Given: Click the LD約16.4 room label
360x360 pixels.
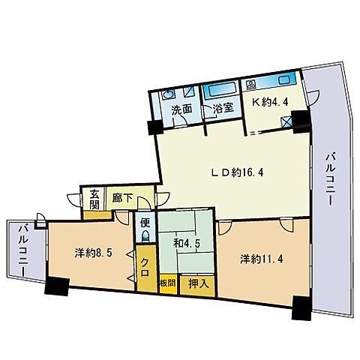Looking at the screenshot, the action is (237, 172).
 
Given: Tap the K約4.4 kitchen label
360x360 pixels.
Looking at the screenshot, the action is (270, 102).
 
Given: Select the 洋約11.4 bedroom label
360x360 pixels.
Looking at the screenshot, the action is (262, 259).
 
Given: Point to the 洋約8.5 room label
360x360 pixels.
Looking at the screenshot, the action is (93, 253).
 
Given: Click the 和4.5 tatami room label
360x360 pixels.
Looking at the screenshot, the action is (187, 244).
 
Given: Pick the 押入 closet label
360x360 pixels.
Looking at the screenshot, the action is (198, 283).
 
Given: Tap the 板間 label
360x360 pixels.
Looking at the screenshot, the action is (168, 283).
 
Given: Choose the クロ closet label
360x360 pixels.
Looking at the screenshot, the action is (145, 267).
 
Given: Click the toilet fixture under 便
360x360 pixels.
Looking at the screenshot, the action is (145, 235).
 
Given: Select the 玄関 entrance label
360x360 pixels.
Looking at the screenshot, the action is (94, 199).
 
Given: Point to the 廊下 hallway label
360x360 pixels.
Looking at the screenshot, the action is (122, 198).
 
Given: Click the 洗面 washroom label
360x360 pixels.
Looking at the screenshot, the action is (181, 109).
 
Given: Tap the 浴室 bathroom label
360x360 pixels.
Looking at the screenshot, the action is (223, 108).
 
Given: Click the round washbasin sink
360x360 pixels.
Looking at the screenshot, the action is (167, 95).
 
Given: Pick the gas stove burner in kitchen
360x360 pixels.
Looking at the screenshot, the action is (250, 85).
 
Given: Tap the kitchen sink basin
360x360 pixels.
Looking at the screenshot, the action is (285, 80).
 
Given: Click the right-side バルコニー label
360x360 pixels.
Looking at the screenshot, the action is (331, 179).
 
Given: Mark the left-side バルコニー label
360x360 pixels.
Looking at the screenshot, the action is (24, 250).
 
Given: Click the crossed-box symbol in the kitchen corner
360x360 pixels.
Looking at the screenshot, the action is (286, 122).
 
